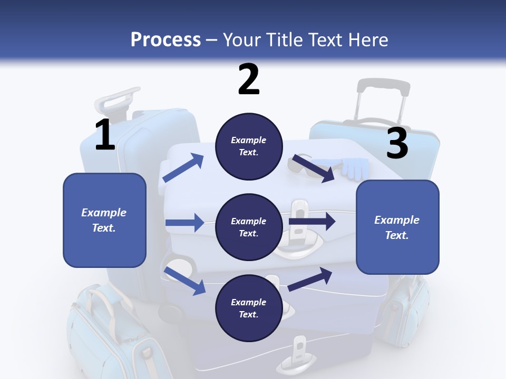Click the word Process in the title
pos(166,40)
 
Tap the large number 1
pos(105,135)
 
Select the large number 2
pos(249,79)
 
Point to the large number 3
pos(397,144)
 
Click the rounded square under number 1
pos(104,220)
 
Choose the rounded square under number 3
pos(397,227)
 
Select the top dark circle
pos(248,146)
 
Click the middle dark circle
pos(248,227)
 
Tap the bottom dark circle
pos(248,308)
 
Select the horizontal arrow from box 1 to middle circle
pos(184,223)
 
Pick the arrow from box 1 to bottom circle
pos(185,280)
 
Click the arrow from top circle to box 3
pos(314,168)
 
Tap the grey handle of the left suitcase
pos(119,99)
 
